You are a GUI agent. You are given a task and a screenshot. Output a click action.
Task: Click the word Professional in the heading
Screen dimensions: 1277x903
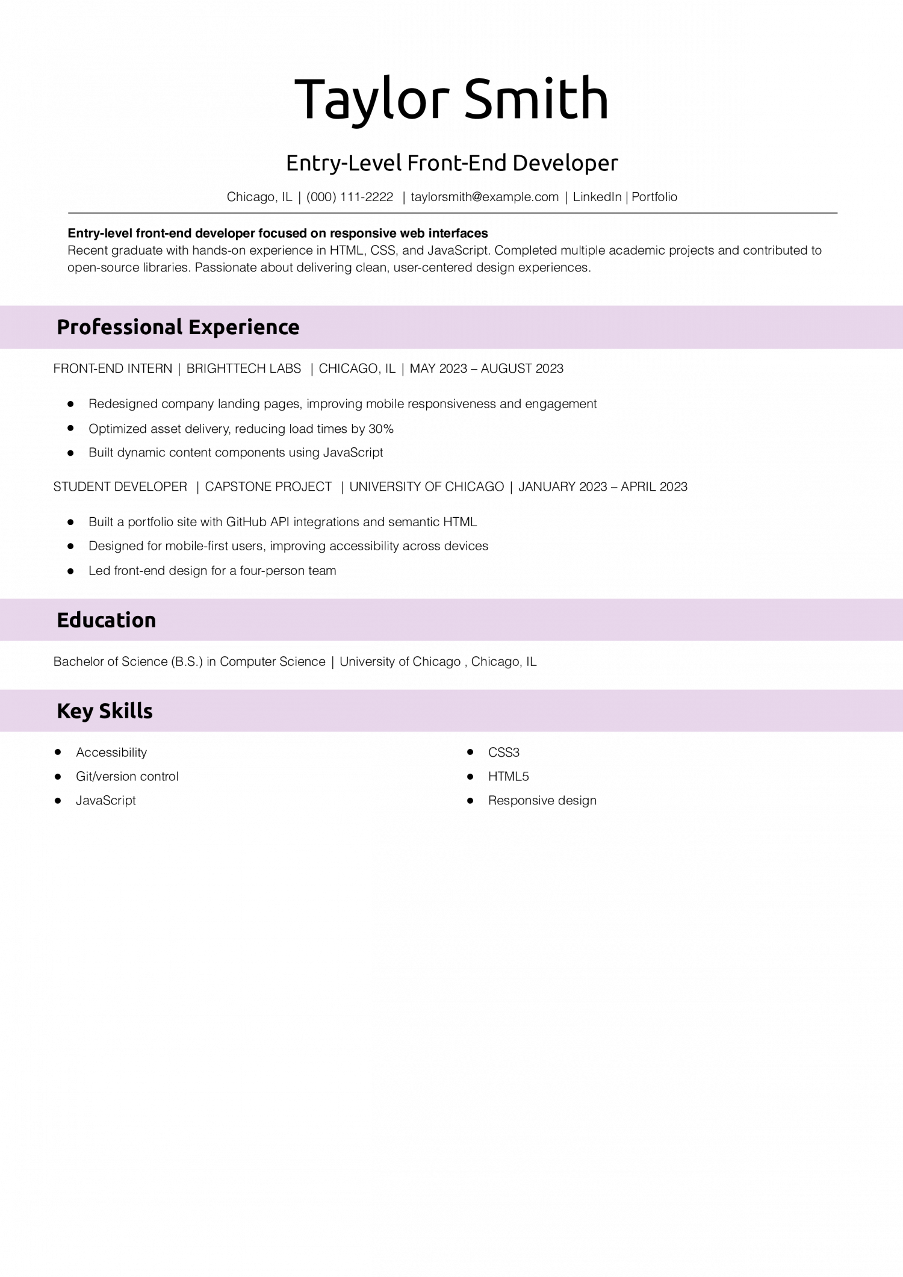119,327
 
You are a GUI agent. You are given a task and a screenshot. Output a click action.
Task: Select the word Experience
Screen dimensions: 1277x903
244,327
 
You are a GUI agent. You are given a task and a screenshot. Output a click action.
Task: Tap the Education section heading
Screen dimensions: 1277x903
106,620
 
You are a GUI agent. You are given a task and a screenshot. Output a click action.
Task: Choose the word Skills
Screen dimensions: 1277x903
126,711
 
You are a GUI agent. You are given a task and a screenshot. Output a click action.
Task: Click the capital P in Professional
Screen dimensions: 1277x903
63,327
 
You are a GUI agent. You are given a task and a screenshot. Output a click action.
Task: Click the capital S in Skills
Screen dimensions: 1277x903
105,711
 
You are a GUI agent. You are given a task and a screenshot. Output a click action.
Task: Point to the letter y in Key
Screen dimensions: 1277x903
87,713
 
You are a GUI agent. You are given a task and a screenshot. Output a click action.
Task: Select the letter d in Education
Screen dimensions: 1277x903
75,620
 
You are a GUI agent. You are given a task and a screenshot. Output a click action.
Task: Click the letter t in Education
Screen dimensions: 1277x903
122,620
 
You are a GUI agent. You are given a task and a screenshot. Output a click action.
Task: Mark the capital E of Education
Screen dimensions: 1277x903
62,620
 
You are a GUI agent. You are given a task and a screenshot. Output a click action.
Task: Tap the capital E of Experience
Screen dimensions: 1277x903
194,327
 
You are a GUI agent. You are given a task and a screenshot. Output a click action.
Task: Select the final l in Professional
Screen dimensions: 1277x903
180,326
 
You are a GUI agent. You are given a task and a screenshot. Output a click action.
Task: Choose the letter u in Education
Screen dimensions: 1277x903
87,621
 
